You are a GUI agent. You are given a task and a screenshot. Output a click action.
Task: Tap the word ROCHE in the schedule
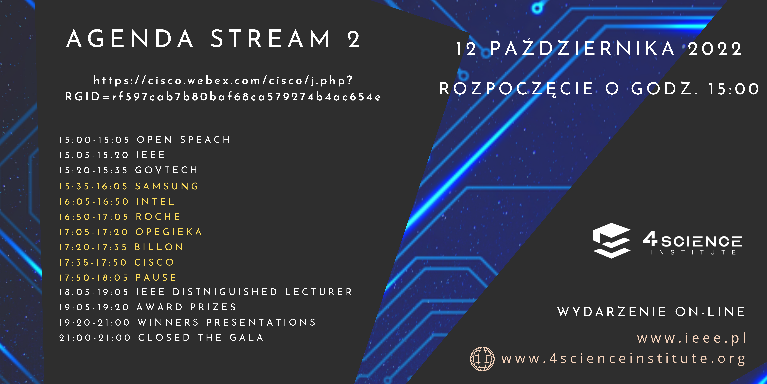[158, 217]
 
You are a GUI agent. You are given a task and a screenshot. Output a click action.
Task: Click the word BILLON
[159, 247]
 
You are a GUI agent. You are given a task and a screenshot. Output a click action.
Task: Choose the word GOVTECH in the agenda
[166, 170]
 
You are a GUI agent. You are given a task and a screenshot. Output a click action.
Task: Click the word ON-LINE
[710, 312]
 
